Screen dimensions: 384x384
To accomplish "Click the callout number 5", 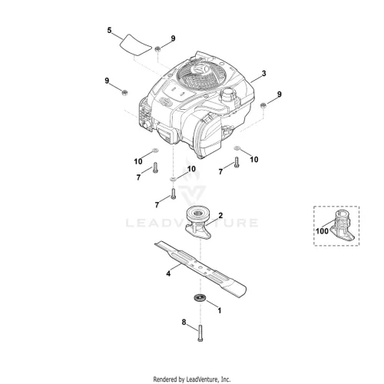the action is pos(109,31).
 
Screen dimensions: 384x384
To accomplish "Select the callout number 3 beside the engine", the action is pos(263,74).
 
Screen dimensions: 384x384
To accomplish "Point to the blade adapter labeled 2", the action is pos(198,223).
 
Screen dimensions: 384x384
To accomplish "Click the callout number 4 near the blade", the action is pos(168,273).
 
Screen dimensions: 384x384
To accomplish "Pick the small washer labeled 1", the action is pos(199,298).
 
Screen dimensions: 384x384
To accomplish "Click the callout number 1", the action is pos(219,310).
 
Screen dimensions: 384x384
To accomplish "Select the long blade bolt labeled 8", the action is pos(200,333).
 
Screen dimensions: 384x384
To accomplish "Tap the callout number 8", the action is pos(184,322).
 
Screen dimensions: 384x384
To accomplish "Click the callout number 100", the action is pos(322,231).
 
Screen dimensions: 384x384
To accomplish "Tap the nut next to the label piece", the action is pos(157,48).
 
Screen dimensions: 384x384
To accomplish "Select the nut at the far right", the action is pos(263,105).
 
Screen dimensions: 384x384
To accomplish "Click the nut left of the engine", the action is pos(124,92).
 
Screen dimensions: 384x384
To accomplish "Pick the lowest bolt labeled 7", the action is pos(174,194).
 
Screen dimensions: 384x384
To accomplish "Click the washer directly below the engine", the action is pos(174,178).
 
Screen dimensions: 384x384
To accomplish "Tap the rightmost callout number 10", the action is pos(254,160).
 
